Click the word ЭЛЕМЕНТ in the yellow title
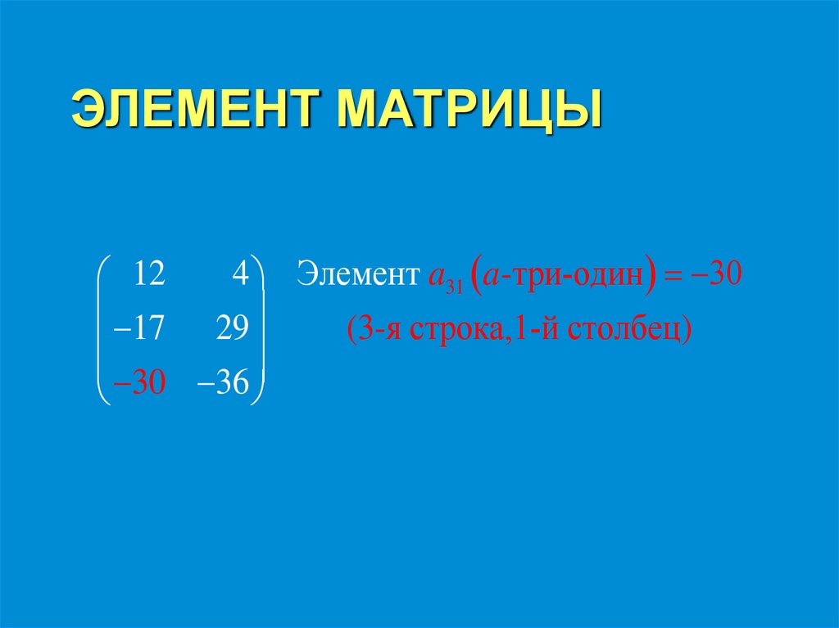[x=196, y=110]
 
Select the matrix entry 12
[x=149, y=274]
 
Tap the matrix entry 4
[x=239, y=274]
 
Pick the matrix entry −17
[x=140, y=329]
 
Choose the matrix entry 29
[x=231, y=329]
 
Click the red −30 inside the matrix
[x=140, y=383]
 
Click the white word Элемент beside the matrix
[x=357, y=274]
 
